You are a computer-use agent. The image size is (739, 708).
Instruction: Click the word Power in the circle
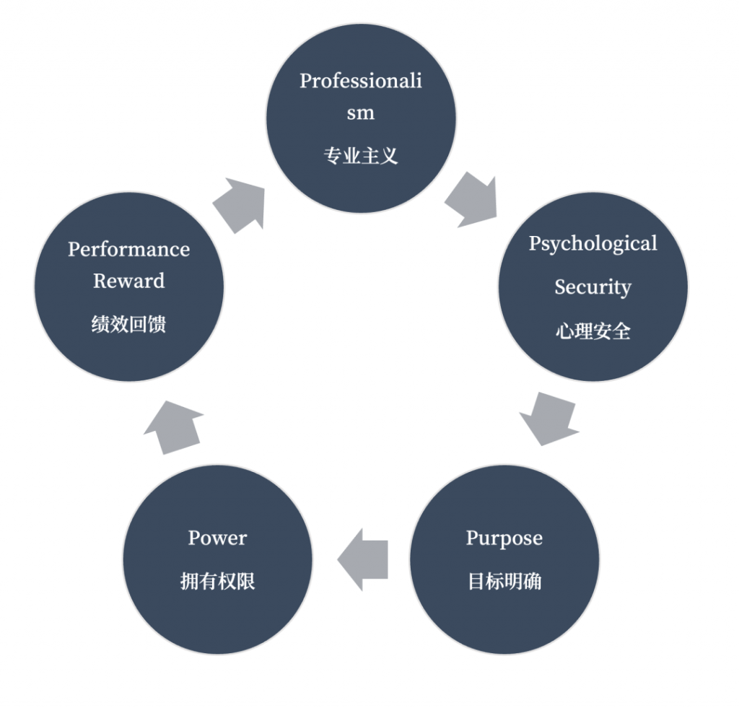point(217,538)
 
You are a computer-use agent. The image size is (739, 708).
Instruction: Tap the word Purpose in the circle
point(504,538)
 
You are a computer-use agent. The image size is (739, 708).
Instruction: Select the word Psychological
point(592,243)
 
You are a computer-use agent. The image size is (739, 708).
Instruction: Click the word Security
point(592,287)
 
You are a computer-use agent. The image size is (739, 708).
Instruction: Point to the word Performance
point(129,249)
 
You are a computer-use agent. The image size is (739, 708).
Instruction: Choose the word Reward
point(129,281)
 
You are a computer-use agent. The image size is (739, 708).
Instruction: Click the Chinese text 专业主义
point(361,156)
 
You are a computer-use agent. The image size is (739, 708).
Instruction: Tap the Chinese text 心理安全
point(592,331)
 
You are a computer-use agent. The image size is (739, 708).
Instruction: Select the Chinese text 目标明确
point(504,582)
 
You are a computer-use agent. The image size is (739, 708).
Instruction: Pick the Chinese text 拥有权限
point(217,582)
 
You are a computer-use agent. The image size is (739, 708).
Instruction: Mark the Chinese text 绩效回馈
point(129,325)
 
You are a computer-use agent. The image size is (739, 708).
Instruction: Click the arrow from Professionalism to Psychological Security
point(471,199)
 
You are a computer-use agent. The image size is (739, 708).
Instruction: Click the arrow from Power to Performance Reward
point(173,427)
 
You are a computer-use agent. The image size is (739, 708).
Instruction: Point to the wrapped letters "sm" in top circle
point(361,113)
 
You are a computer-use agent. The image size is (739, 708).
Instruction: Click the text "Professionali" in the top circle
point(361,80)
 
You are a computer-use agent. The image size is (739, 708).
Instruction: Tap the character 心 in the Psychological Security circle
point(564,331)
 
